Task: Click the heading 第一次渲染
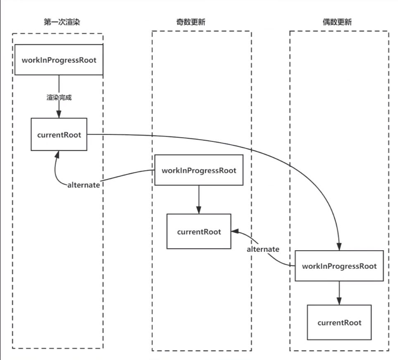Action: (x=62, y=22)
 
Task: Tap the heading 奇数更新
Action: (x=191, y=22)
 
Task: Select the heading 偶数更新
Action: (x=337, y=22)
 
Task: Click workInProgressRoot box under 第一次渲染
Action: (x=59, y=60)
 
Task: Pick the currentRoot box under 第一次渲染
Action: (x=59, y=134)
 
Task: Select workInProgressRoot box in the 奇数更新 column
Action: (x=199, y=170)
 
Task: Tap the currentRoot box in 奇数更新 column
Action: (x=199, y=232)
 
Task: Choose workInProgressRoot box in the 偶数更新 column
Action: (x=339, y=266)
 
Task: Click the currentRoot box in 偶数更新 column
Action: (x=339, y=322)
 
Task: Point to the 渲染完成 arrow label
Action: (x=59, y=97)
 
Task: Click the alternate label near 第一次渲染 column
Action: (x=83, y=185)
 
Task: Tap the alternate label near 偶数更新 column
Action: (x=263, y=249)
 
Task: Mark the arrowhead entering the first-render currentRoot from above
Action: (x=59, y=114)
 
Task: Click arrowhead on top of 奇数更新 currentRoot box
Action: (x=199, y=210)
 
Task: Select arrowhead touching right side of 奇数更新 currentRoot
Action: (x=235, y=231)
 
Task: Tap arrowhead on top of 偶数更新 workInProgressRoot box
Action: (x=339, y=247)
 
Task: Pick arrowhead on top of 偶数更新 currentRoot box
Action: (x=339, y=301)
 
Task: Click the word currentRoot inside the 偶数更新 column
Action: (x=339, y=323)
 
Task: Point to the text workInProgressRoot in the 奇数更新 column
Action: (x=199, y=171)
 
